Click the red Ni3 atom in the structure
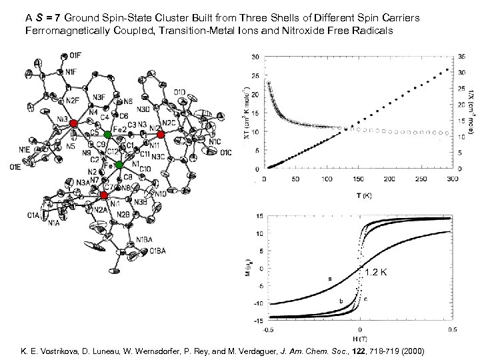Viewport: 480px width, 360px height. pos(74,124)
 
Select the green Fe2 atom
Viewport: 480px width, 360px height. pos(108,135)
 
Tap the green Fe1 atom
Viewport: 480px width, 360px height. pos(119,164)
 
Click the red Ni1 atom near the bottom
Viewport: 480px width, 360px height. pos(104,195)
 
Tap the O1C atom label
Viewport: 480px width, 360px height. pos(226,153)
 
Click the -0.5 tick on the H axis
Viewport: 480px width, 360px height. pos(267,329)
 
